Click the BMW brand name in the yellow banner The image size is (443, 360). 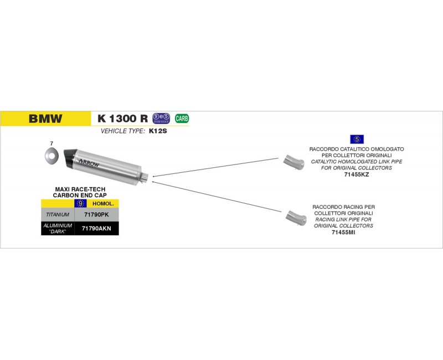click(x=45, y=118)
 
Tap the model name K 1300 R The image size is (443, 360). click(x=122, y=118)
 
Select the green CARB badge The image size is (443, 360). click(x=181, y=118)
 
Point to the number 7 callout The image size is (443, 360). click(x=51, y=143)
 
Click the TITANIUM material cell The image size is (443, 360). click(x=58, y=214)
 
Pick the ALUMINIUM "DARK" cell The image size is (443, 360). click(x=58, y=228)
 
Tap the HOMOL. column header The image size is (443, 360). click(x=102, y=203)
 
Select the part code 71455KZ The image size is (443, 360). click(x=357, y=174)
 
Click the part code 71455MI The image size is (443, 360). click(x=343, y=232)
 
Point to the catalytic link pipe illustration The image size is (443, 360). click(x=293, y=161)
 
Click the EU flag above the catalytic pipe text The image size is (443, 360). click(x=356, y=140)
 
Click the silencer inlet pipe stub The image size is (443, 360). click(x=146, y=177)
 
